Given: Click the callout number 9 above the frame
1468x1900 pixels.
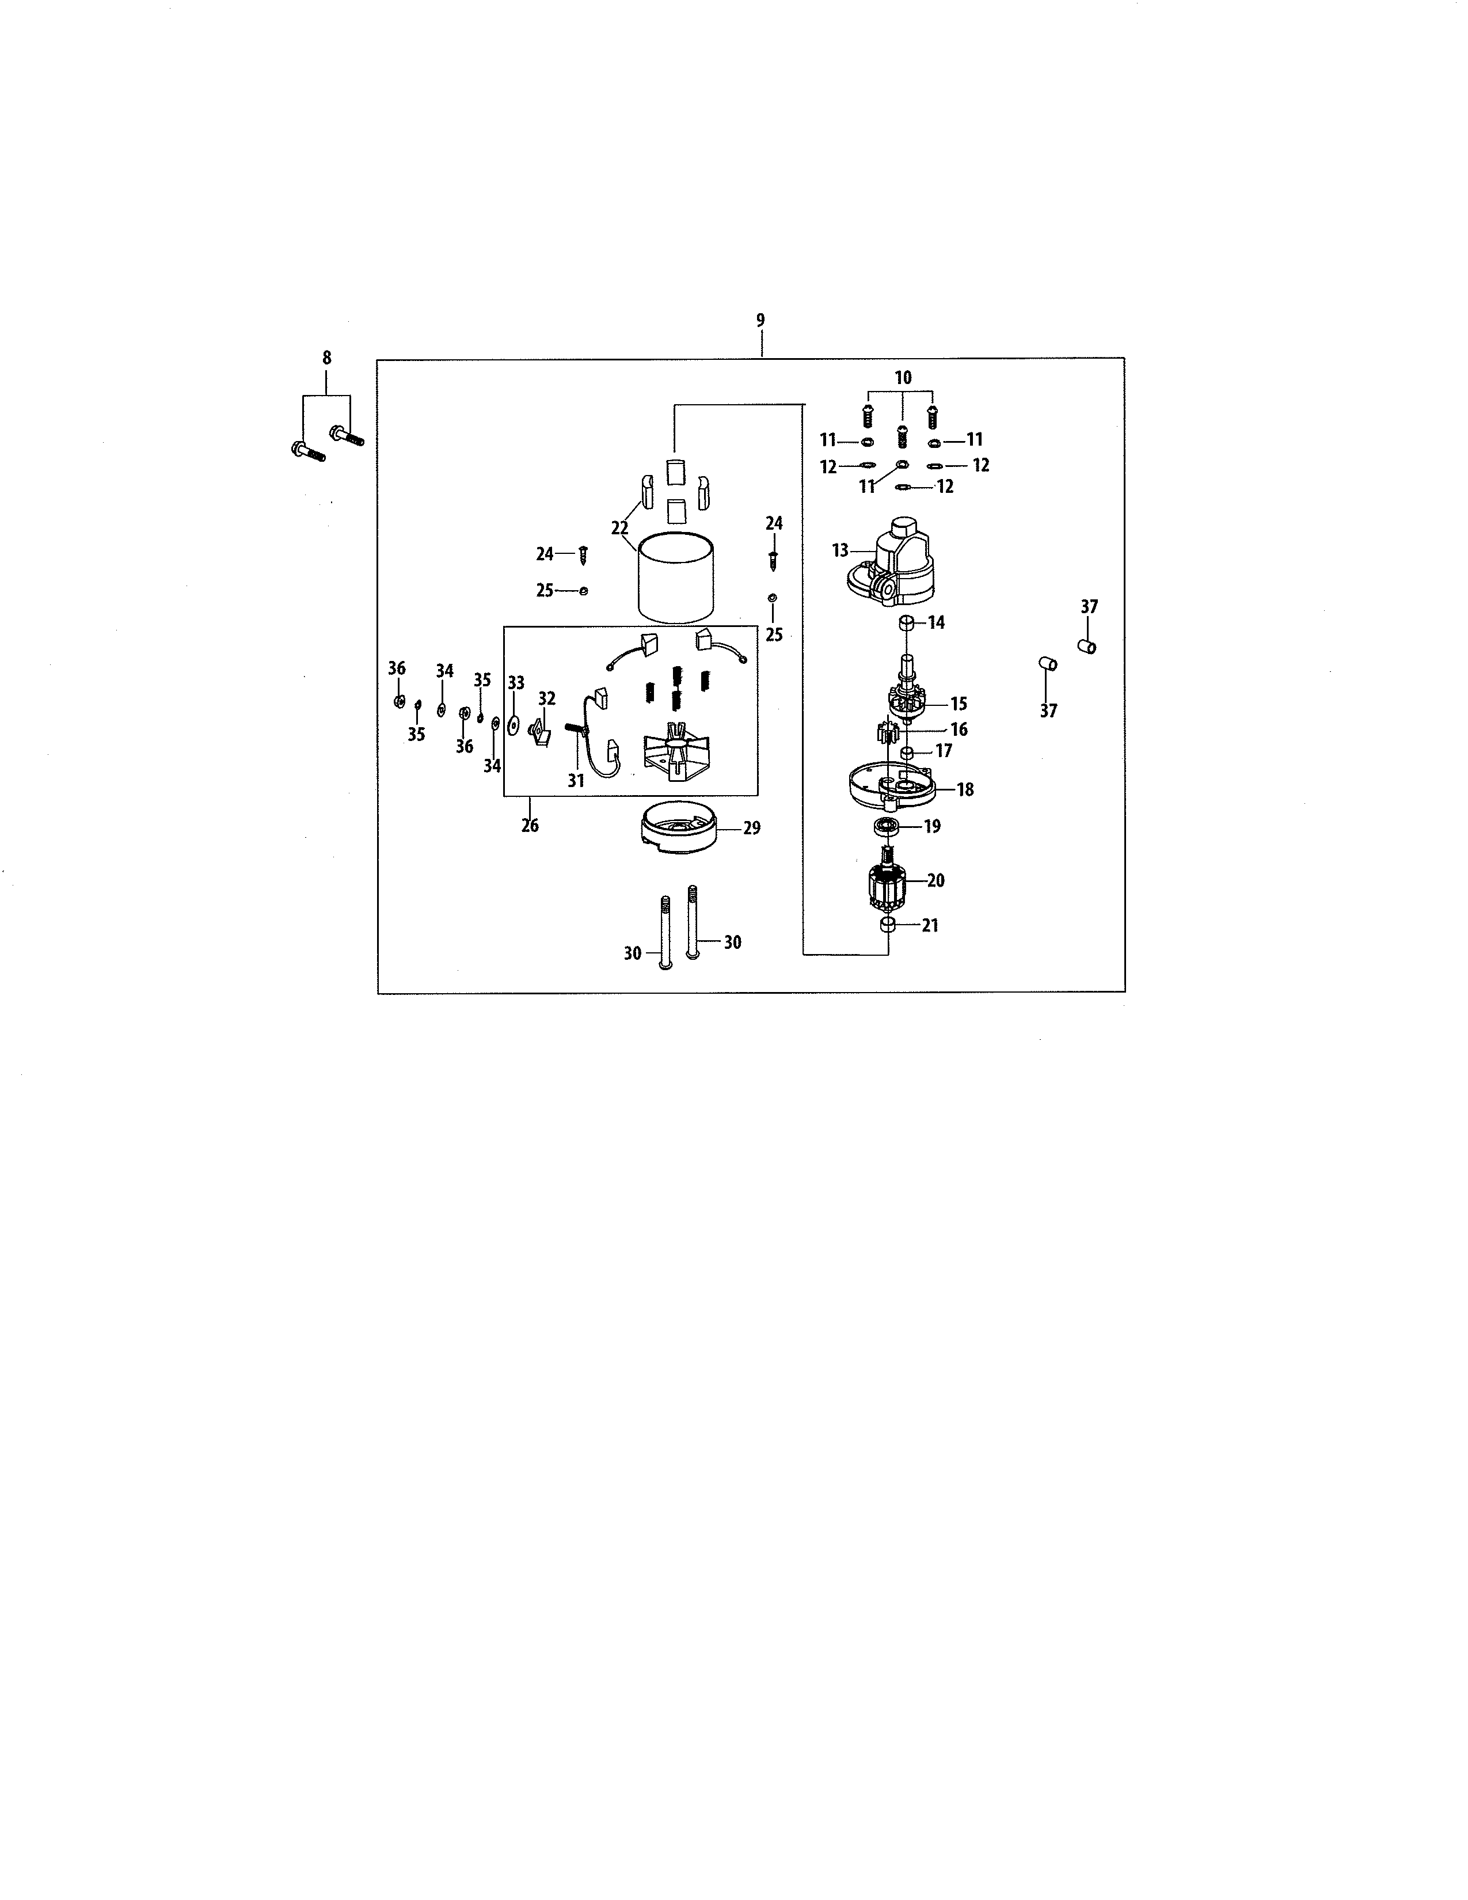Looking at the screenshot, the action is point(761,320).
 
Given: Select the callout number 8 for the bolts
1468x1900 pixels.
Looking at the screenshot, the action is point(327,357).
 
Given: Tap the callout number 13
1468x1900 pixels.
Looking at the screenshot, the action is point(840,550).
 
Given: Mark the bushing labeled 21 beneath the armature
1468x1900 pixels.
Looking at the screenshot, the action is point(888,925).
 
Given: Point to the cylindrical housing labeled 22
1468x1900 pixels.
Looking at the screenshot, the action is point(676,577).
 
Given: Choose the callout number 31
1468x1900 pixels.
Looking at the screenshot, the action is point(576,781).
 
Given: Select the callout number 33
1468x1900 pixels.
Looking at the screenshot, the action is point(516,683).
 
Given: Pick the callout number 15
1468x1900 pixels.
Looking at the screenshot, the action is point(959,704).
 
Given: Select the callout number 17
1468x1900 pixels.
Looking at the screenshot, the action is point(944,751).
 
